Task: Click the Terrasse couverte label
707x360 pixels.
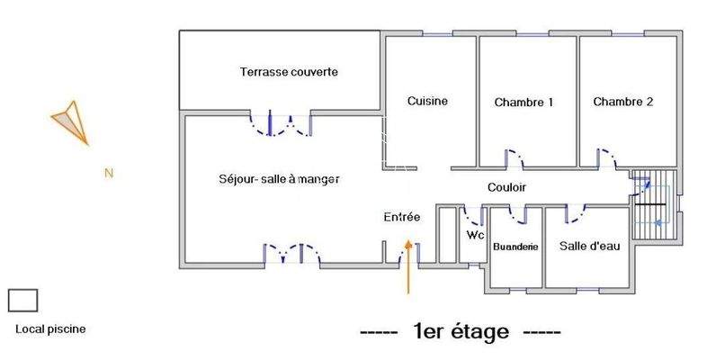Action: (289, 72)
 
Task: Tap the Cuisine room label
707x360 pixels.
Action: (427, 101)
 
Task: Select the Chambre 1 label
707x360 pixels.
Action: (524, 102)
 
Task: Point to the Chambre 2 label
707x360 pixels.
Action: (622, 102)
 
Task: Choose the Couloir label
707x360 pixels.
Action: (506, 187)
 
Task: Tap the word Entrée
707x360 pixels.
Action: (402, 217)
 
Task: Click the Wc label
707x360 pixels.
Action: (475, 235)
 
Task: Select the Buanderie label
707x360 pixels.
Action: (515, 246)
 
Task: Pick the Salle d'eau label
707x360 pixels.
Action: (589, 246)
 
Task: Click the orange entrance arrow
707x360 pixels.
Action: (408, 265)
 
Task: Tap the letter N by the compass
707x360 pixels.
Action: (108, 173)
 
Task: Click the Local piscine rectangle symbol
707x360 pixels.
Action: (22, 300)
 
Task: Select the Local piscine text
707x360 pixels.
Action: (51, 329)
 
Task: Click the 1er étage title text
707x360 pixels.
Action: (461, 332)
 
